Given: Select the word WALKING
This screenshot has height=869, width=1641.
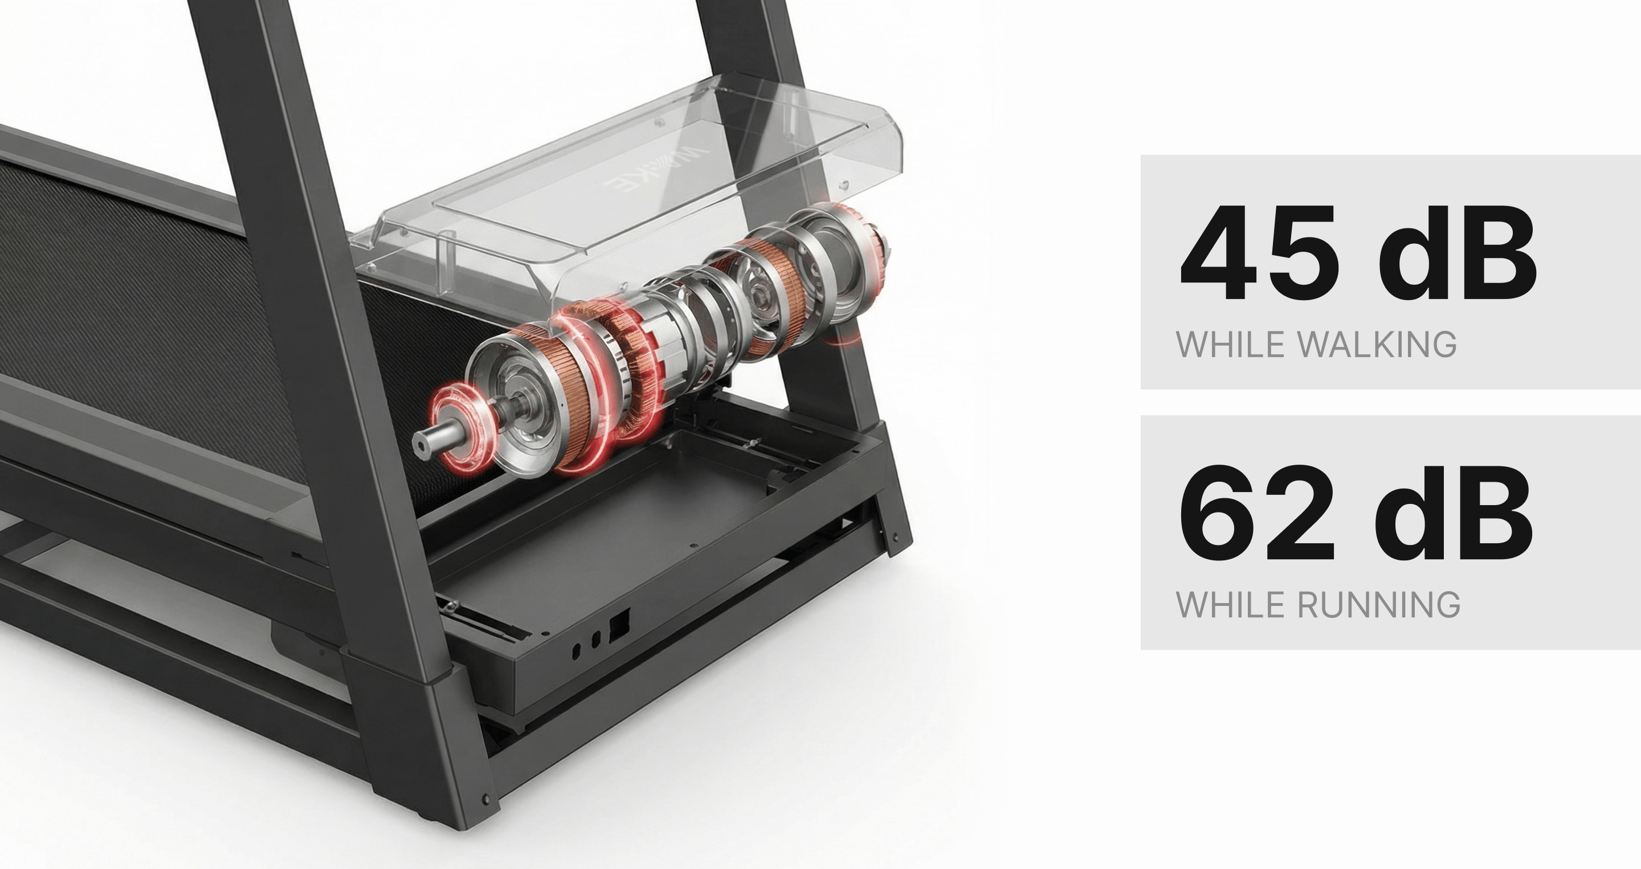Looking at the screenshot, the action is (1376, 345).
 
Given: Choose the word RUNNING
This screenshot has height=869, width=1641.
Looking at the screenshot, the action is (1378, 605).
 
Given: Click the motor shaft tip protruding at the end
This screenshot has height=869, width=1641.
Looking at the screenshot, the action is (422, 442).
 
